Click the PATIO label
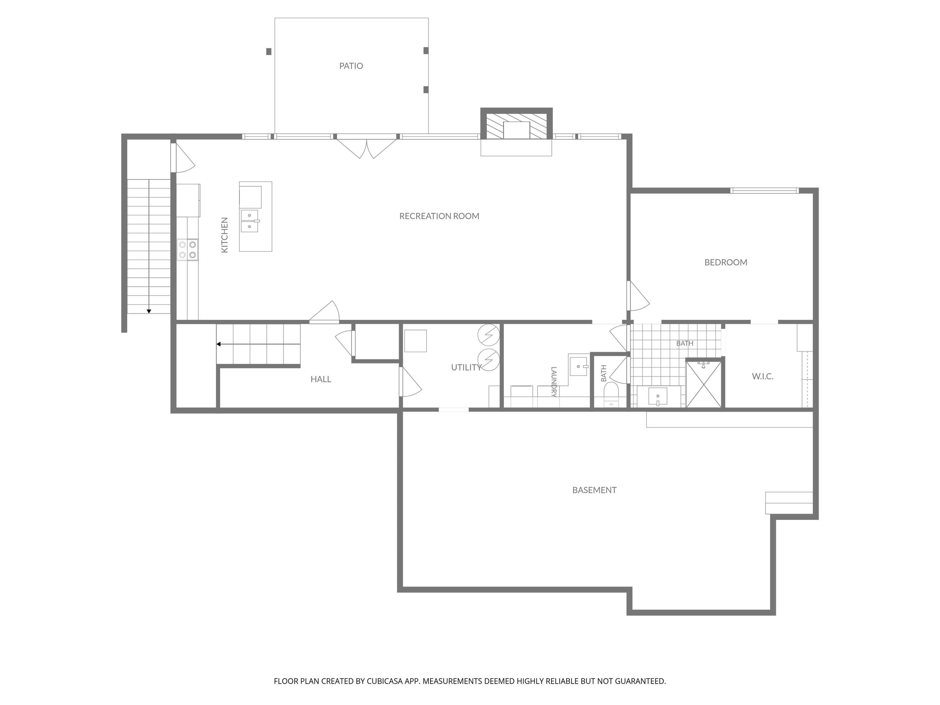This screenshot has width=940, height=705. (x=351, y=66)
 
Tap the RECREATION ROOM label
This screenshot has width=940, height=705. (x=439, y=216)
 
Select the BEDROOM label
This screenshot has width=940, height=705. (x=726, y=262)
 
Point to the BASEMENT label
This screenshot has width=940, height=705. (x=594, y=490)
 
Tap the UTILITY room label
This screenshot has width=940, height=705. (x=466, y=367)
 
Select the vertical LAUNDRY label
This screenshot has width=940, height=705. (x=554, y=382)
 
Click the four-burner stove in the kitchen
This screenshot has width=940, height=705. (x=187, y=250)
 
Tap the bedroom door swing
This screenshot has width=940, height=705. (x=638, y=296)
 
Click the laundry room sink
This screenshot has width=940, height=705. (x=578, y=366)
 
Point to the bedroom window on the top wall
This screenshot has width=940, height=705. (x=764, y=190)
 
